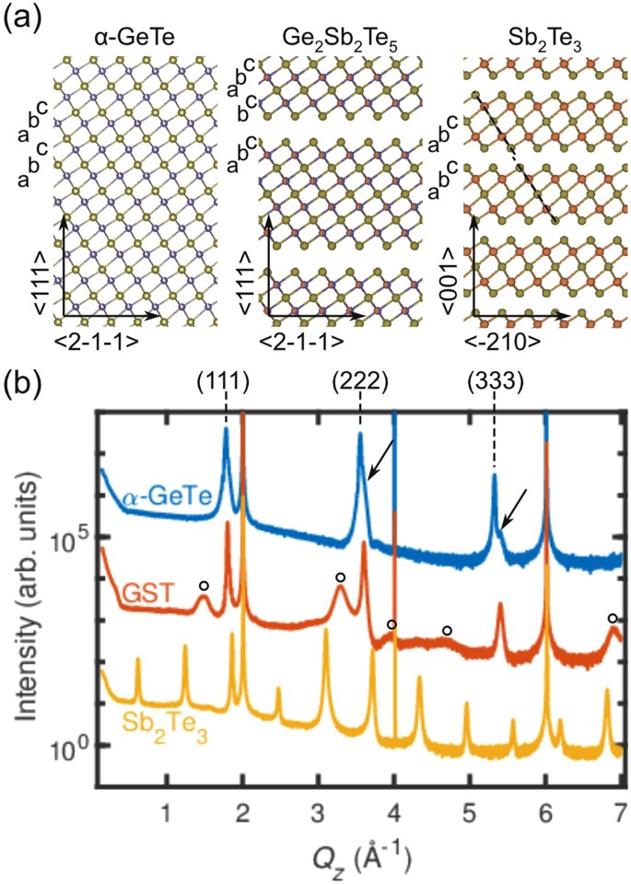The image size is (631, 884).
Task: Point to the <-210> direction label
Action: [504, 342]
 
